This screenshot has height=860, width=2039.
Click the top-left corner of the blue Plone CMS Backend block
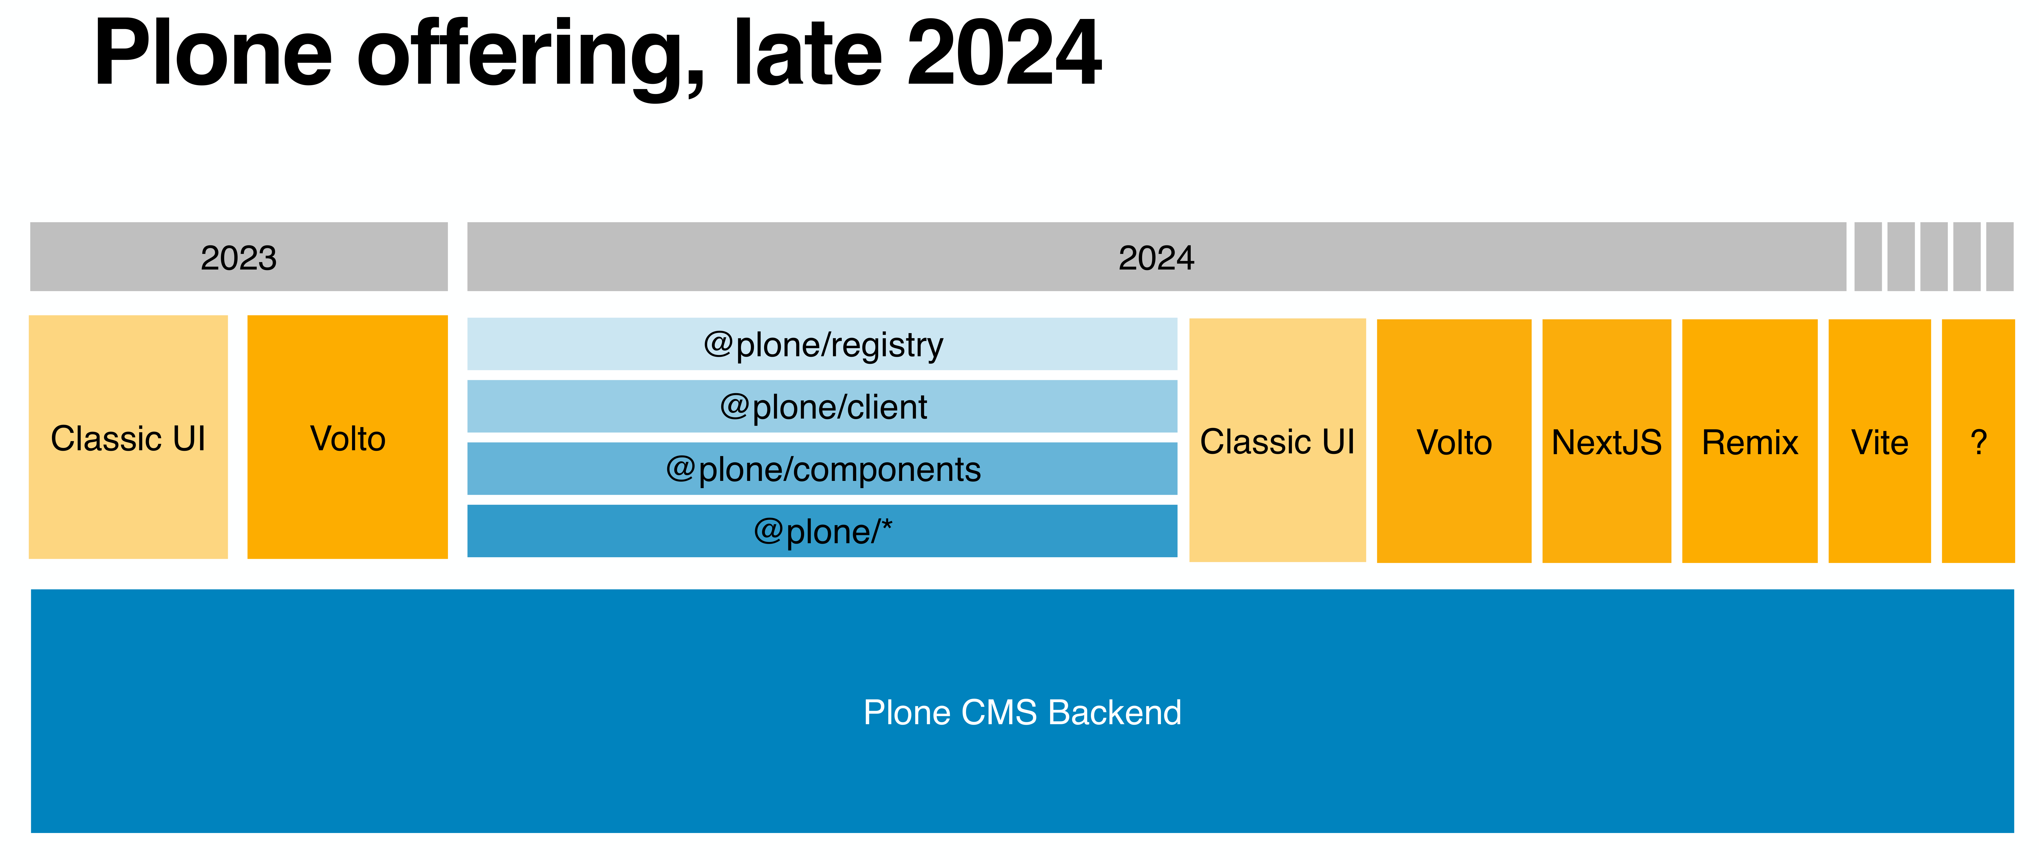[31, 589]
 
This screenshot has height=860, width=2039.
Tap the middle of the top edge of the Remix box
[1749, 320]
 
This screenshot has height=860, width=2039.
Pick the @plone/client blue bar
[822, 407]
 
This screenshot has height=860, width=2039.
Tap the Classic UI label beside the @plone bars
[1277, 441]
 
